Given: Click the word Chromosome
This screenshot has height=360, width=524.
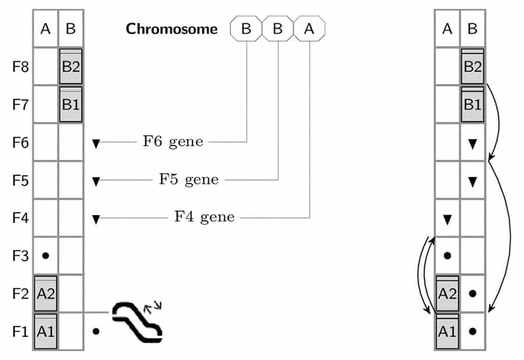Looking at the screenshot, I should pos(172,29).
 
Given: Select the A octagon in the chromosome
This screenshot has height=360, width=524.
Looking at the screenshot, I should pos(309,29).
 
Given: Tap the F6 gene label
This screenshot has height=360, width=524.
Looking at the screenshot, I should pos(173,142).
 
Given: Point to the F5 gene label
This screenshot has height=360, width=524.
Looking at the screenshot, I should pos(189,179).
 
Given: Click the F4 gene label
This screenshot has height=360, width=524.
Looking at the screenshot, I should pos(204,217).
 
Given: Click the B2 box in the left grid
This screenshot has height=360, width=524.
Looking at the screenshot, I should pos(70,66).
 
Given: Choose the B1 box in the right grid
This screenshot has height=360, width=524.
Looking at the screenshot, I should pos(472,104).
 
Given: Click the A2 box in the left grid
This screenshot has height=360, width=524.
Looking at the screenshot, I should pos(45,293).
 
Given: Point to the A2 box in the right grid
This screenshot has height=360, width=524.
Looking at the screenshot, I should pos(447,293).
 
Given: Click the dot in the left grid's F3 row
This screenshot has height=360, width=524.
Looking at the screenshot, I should pos(45,255).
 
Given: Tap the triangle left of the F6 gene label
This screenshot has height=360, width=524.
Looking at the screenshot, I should pos(97,142).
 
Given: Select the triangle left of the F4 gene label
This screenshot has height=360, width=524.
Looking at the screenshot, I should pos(97,218).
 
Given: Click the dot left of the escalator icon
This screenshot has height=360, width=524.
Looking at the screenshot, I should pos(96,331).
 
